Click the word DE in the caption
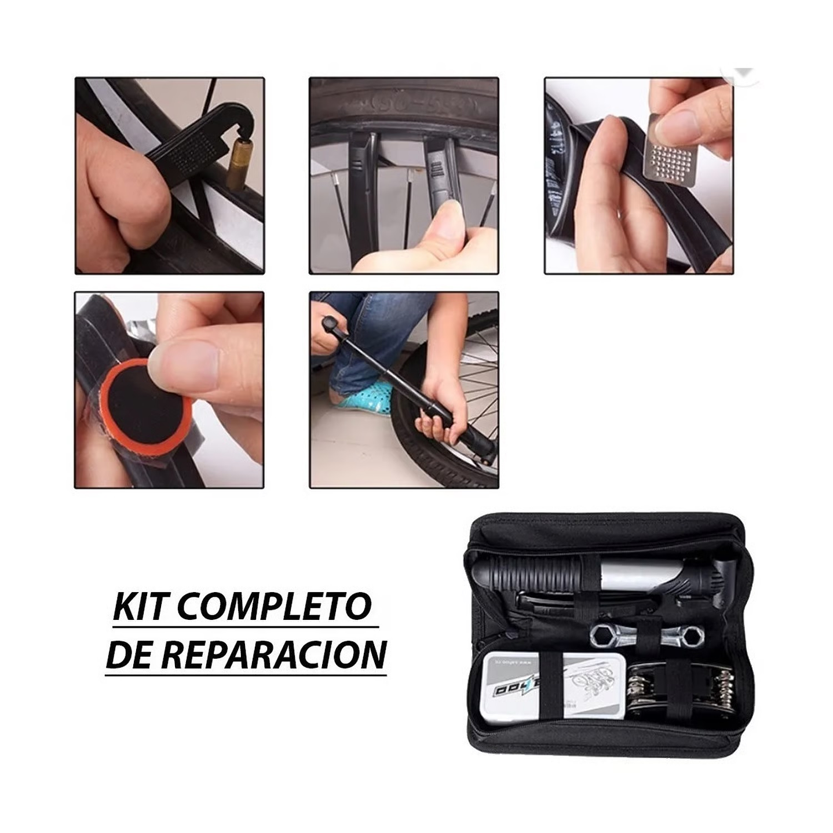(129, 655)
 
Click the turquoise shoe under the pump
(364, 397)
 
